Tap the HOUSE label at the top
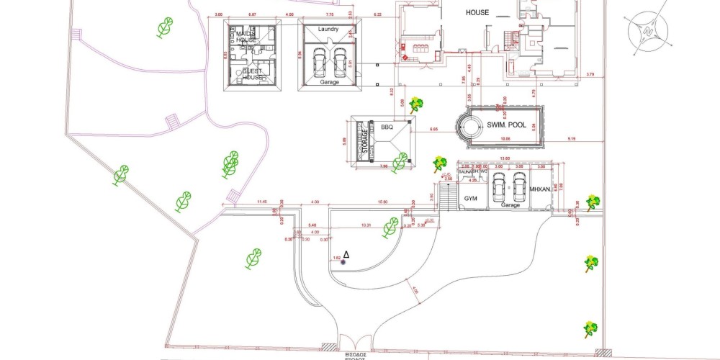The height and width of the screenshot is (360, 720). [x=477, y=13]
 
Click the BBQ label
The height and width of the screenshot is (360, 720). [x=387, y=127]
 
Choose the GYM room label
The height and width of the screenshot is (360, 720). [x=471, y=197]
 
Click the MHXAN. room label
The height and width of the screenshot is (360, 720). [x=540, y=190]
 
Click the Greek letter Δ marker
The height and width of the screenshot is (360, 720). [x=346, y=254]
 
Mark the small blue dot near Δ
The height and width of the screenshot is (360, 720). [x=343, y=262]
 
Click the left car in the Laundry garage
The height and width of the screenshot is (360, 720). [x=319, y=64]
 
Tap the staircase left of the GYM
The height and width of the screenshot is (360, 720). [x=449, y=196]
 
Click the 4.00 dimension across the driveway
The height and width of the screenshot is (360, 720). [x=315, y=202]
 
